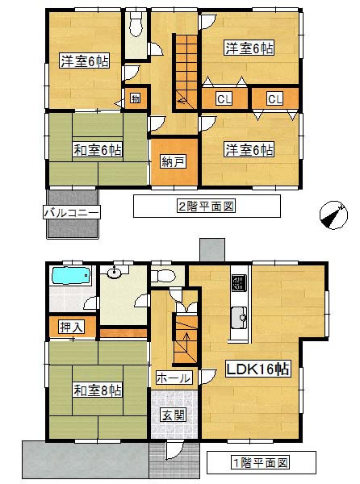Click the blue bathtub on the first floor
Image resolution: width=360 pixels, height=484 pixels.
(x=71, y=276)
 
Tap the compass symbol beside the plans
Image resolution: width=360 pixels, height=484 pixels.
(x=333, y=215)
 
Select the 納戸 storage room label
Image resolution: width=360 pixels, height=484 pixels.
(x=174, y=161)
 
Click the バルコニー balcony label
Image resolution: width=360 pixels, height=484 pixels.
(x=72, y=213)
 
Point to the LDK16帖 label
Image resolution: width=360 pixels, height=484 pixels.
(x=257, y=369)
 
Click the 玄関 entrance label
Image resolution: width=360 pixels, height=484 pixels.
(x=174, y=415)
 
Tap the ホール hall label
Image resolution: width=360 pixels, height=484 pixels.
(x=174, y=378)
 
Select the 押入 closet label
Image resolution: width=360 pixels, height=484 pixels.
(x=72, y=327)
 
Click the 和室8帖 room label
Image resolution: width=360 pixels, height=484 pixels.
(x=98, y=390)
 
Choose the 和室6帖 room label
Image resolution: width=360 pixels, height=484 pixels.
(x=98, y=150)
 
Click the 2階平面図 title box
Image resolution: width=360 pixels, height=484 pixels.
(x=207, y=206)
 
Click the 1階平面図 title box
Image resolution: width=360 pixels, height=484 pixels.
(x=262, y=462)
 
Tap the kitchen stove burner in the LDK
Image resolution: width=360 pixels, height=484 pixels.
(x=240, y=283)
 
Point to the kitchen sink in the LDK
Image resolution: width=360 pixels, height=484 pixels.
(x=240, y=317)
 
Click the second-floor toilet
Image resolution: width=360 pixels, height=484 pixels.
(x=136, y=24)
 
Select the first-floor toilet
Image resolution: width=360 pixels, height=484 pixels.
(x=163, y=276)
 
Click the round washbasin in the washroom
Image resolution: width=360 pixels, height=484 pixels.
(x=115, y=273)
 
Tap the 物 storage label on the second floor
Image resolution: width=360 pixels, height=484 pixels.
(x=136, y=98)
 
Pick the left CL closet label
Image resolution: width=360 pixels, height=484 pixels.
(x=224, y=99)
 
